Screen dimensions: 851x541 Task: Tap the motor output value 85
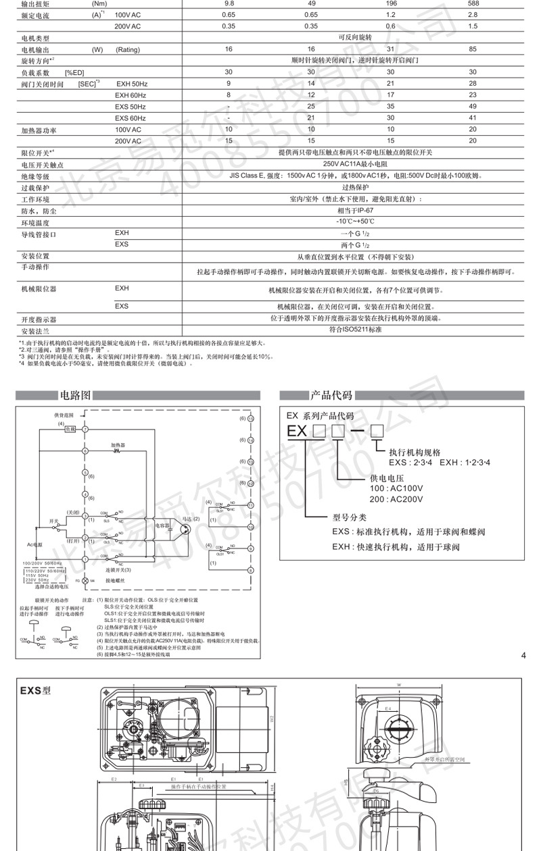[x=473, y=49]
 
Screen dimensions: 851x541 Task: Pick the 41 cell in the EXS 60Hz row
[x=473, y=118]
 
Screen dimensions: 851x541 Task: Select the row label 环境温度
[x=34, y=222]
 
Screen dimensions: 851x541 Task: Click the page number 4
[x=524, y=654]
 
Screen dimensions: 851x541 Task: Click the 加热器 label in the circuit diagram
[x=120, y=444]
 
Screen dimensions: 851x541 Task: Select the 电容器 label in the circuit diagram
[x=162, y=524]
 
